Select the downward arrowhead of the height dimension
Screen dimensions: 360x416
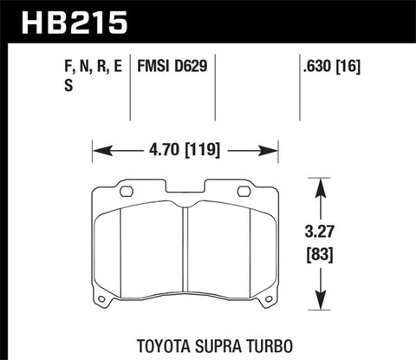pos(320,298)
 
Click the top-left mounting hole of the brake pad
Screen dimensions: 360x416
pos(125,192)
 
